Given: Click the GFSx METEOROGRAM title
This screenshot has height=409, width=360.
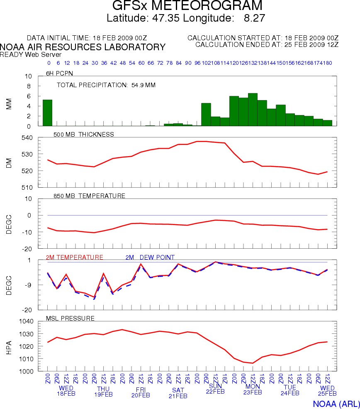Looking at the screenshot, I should pos(187,6).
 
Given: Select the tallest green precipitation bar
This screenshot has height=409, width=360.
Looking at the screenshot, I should pos(253,109).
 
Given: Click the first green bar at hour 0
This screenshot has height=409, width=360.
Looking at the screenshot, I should pos(47,113).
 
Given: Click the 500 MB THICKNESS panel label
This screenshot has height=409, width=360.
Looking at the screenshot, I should pos(84,134).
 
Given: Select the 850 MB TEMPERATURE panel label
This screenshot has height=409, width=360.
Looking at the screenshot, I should pos(90,196).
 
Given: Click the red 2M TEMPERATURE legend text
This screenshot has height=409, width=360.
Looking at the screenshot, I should pos(74,257).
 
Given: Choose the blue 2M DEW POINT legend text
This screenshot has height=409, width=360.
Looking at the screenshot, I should pos(150,257).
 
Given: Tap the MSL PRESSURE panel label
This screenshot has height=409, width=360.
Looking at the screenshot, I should pos(73,318).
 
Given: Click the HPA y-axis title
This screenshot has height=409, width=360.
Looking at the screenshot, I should pos(9,346).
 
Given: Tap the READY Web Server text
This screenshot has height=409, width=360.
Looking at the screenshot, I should pos(31,54).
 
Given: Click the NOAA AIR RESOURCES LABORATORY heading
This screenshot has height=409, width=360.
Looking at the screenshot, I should pos(83,47).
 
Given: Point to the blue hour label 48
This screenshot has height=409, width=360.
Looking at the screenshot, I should pos(123,63).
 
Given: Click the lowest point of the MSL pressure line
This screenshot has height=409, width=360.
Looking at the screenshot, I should pos(253,363).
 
